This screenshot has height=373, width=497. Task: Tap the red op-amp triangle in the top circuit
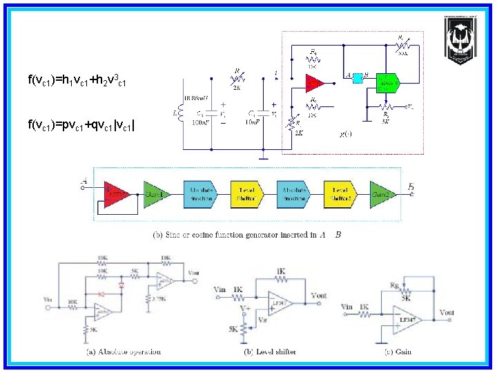pyautogui.click(x=315, y=83)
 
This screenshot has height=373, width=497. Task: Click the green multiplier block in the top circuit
pyautogui.click(x=388, y=82)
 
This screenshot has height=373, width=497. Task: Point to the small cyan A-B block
pyautogui.click(x=358, y=78)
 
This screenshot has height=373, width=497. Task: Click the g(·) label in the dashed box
pyautogui.click(x=345, y=133)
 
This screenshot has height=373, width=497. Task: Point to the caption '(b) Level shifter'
pyautogui.click(x=271, y=352)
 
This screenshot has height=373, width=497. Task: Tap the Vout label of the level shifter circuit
pyautogui.click(x=319, y=294)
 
